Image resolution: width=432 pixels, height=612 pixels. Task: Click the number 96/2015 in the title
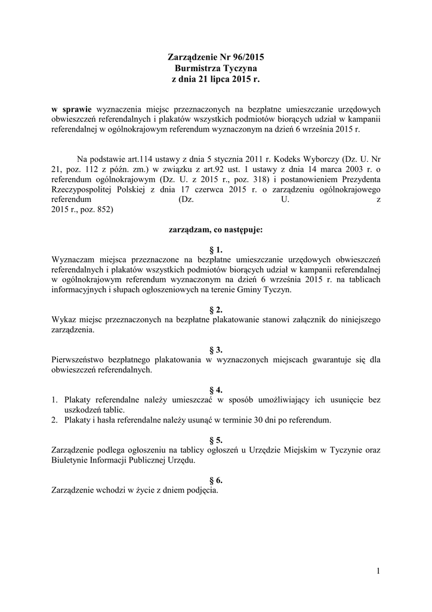pos(245,57)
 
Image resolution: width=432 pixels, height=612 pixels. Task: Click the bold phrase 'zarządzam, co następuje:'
pos(216,229)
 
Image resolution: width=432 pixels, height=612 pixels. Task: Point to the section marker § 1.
pos(216,249)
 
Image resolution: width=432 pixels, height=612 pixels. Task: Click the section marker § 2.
pos(216,310)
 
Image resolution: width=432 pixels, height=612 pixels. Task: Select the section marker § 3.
pos(216,350)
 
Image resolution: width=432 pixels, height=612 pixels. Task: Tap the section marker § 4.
pos(216,390)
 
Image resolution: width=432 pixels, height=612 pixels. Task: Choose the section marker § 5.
pos(216,440)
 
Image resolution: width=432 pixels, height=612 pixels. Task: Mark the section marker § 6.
pos(216,481)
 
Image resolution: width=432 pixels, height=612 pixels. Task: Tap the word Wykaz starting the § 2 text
pos(64,320)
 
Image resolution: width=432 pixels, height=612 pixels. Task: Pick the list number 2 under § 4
pos(54,420)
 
